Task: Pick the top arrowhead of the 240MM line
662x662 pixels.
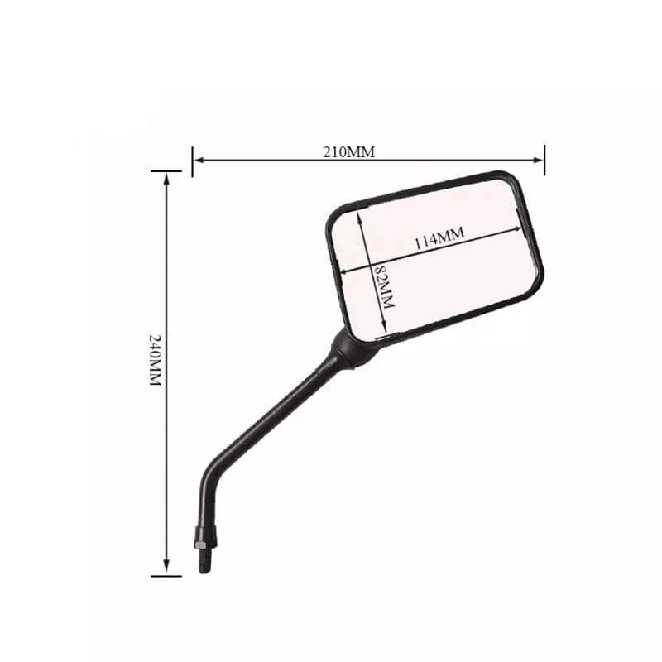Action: (x=166, y=179)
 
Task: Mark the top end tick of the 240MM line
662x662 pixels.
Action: (x=166, y=172)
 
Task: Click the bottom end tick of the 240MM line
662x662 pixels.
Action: (x=166, y=574)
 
